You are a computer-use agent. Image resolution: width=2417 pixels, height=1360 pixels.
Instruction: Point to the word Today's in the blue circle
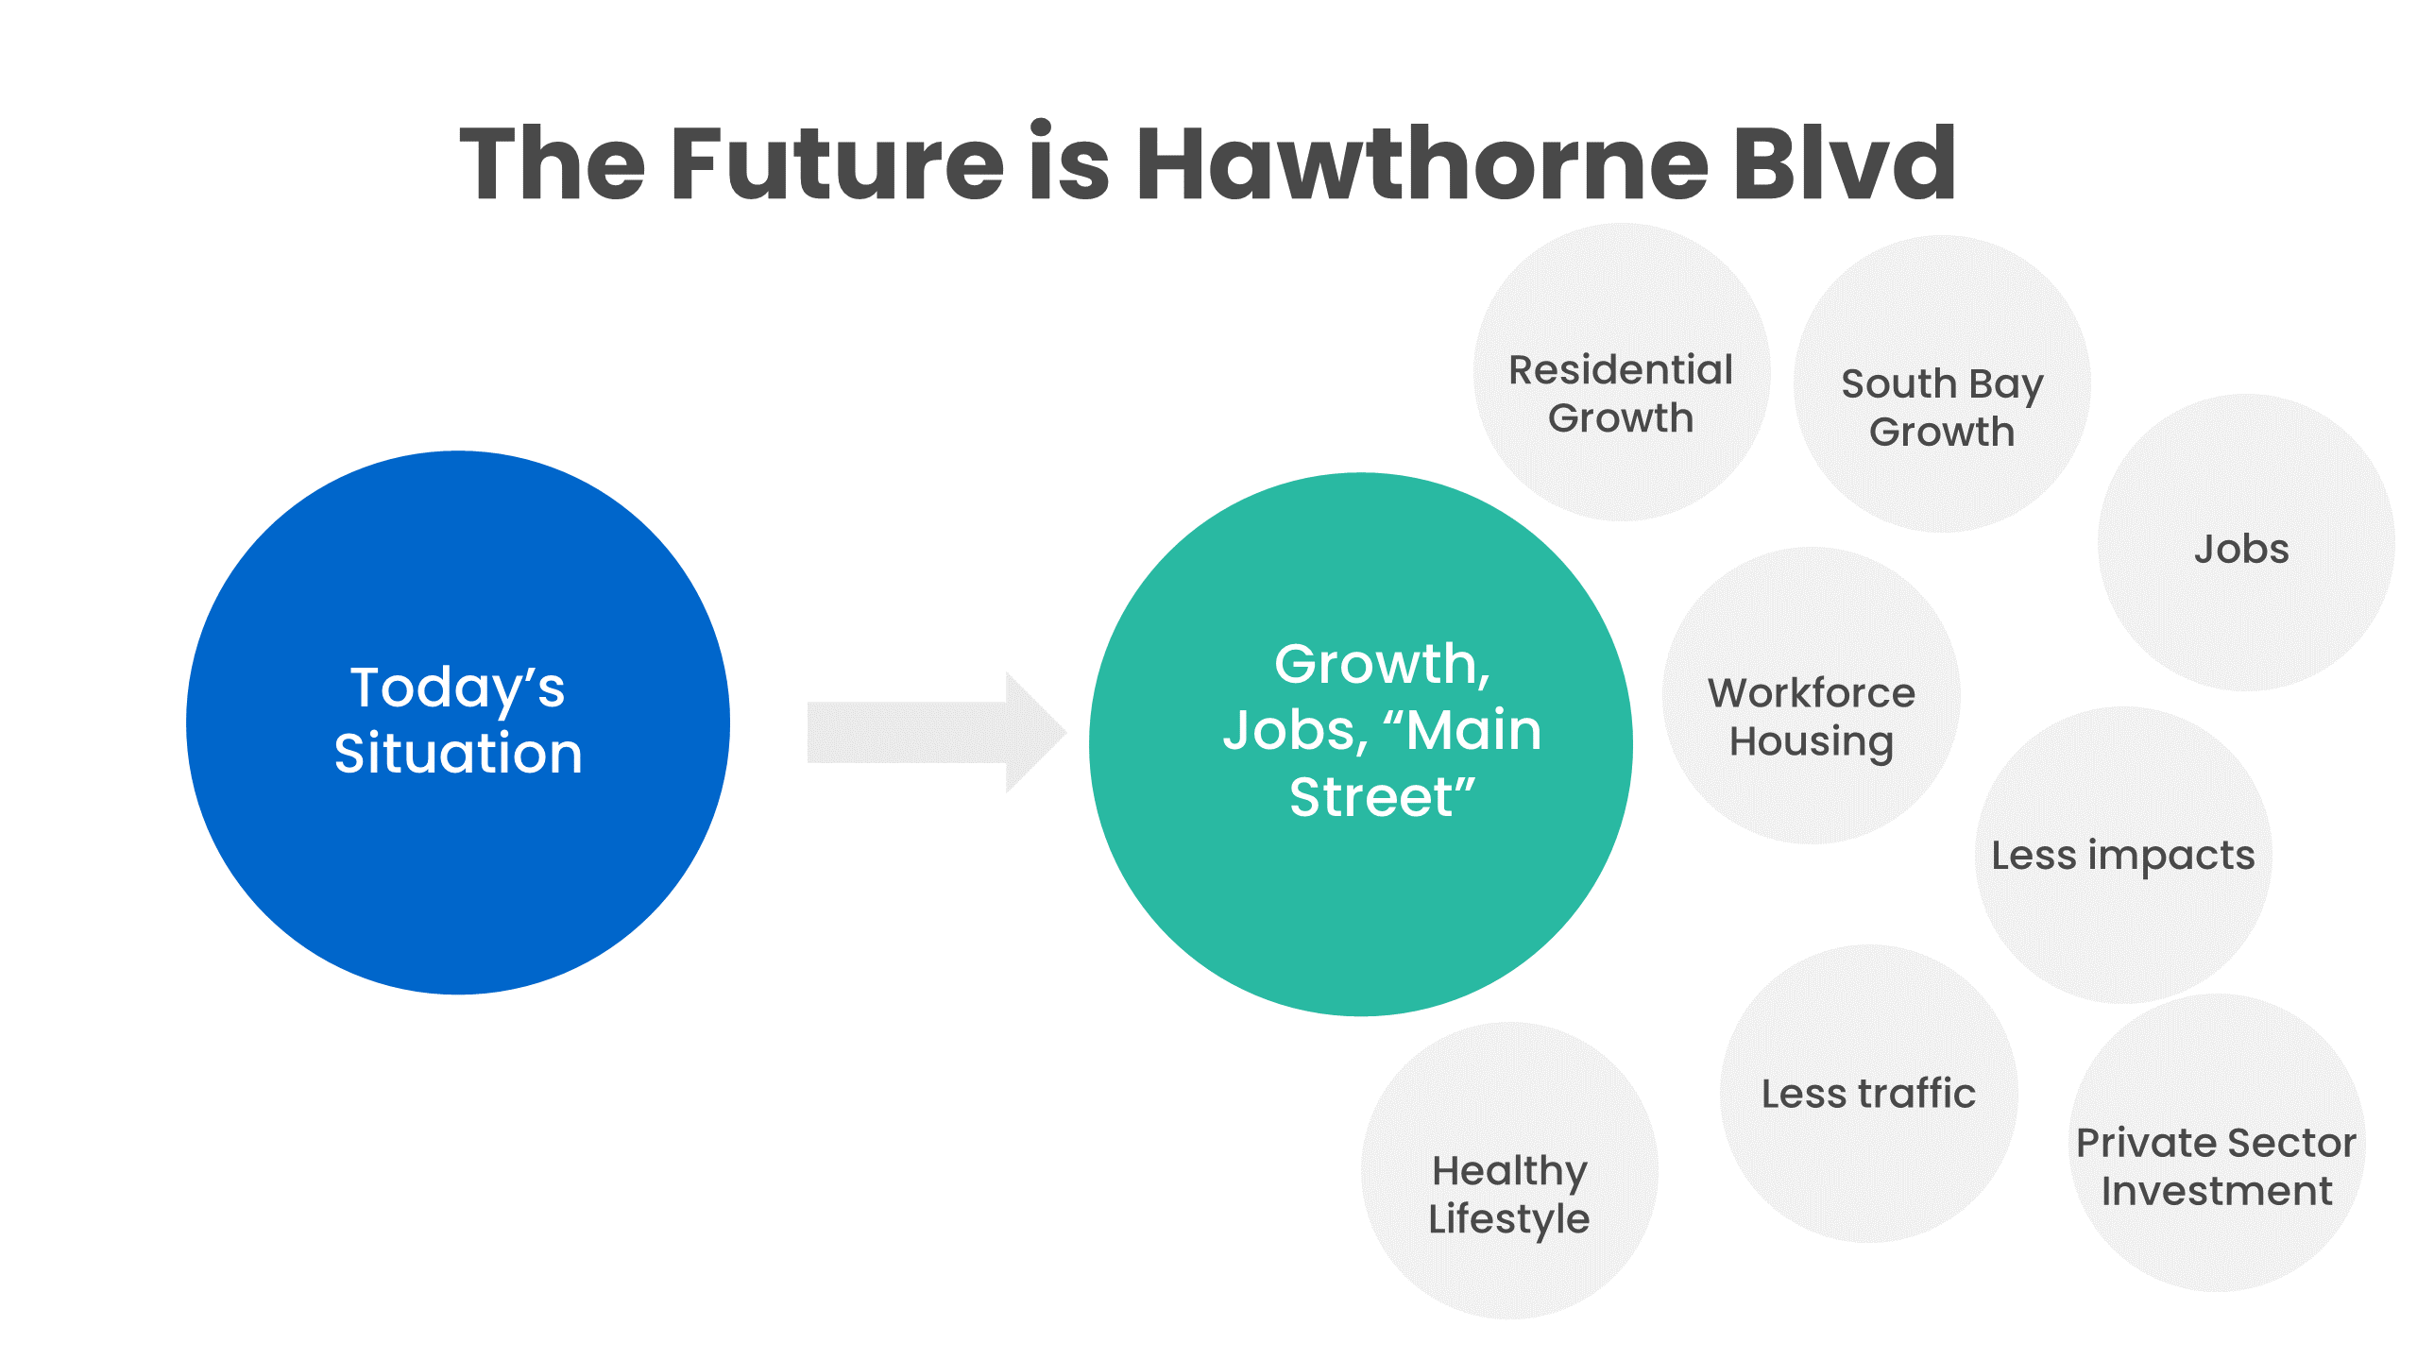point(457,688)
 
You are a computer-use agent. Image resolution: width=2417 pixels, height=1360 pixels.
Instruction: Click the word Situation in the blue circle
point(458,754)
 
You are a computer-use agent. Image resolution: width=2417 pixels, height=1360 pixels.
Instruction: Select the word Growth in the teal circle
point(1375,664)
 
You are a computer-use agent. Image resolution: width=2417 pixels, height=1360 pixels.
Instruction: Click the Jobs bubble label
point(2241,549)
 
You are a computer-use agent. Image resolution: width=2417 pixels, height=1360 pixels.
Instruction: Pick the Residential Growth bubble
point(1622,372)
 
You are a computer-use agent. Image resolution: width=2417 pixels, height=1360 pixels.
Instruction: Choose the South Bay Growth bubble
point(1942,383)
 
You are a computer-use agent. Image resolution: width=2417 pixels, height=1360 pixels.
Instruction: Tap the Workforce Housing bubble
point(1812,695)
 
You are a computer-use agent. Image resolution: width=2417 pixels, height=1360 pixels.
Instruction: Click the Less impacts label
point(2123,856)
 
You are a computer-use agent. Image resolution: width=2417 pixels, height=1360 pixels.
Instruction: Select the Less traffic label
point(1868,1093)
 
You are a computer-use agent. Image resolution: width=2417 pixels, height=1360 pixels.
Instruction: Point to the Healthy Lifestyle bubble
point(1509,1170)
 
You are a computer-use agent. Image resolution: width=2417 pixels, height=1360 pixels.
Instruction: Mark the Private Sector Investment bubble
point(2217,1143)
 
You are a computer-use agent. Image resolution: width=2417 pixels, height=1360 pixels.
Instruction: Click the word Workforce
point(1812,692)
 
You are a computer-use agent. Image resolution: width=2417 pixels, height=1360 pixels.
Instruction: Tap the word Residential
point(1621,369)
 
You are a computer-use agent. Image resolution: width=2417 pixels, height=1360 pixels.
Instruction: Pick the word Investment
point(2217,1191)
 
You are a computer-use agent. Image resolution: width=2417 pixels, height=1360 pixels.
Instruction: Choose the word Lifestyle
point(1509,1219)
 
